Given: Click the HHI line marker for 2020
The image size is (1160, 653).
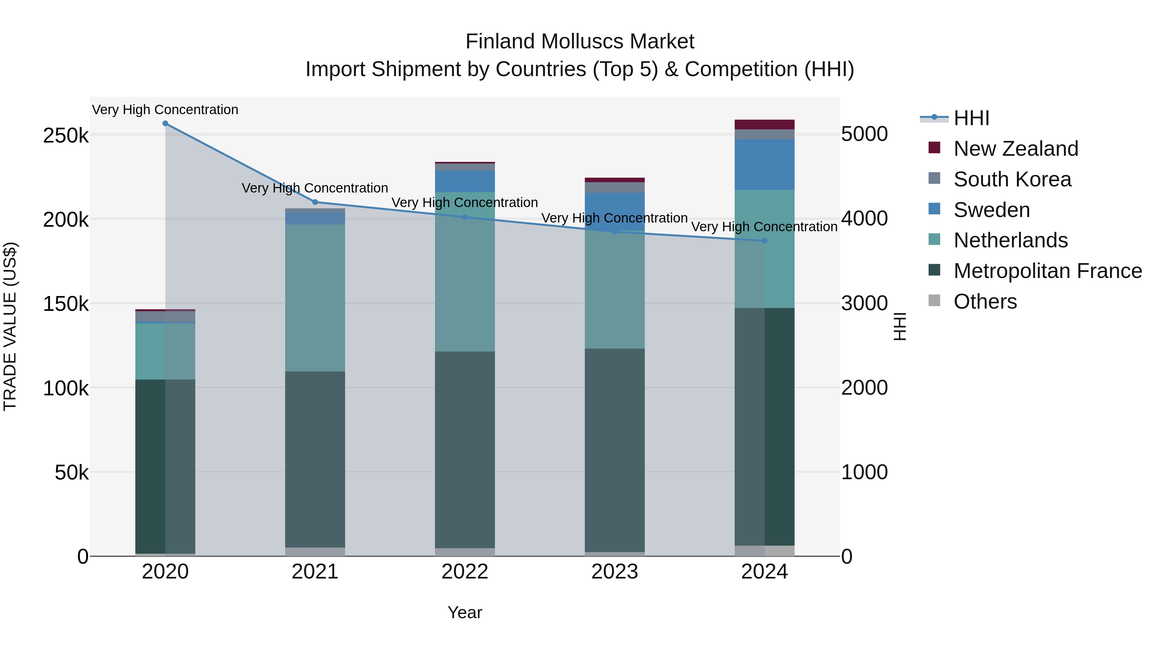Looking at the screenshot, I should [x=165, y=124].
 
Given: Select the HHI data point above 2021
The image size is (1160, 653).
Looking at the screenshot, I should [x=315, y=202].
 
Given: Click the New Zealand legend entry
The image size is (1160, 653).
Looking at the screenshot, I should [x=1015, y=149].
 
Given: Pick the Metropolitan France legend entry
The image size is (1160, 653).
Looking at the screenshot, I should [x=1048, y=271].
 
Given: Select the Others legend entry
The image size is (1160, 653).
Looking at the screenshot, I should [x=985, y=302].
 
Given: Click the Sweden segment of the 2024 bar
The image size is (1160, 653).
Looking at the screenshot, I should [x=764, y=164].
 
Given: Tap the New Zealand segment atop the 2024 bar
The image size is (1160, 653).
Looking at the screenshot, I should [x=764, y=124].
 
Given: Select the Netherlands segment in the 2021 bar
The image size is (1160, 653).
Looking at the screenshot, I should [x=315, y=297].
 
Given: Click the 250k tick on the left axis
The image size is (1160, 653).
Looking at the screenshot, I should [x=66, y=135].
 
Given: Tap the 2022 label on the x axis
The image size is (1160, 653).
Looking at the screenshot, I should [x=465, y=572].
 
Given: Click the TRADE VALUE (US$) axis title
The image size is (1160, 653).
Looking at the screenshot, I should [x=10, y=326].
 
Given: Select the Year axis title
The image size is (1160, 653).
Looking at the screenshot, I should [x=465, y=612].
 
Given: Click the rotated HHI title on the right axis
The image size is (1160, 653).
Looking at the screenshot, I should [x=899, y=326].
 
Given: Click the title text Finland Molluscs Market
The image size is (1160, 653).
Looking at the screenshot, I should [x=580, y=42].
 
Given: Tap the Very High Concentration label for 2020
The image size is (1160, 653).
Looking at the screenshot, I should [x=165, y=110].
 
